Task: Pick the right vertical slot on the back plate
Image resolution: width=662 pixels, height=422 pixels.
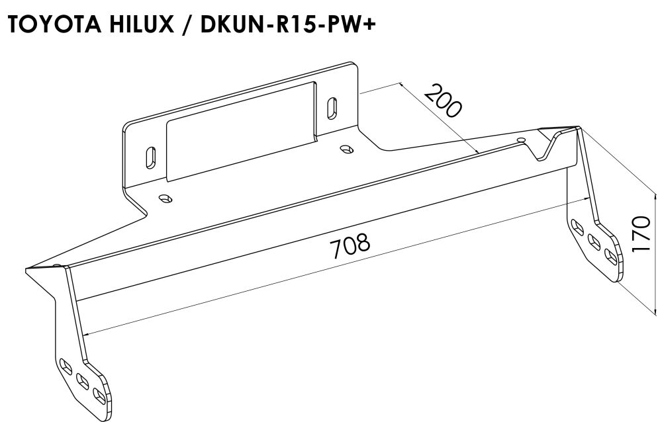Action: pos(332,107)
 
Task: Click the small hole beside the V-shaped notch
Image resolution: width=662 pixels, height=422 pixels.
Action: pos(522,141)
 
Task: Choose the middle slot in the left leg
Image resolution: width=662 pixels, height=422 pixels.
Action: pos(83,380)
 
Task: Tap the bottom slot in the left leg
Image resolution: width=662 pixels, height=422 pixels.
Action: pos(99,396)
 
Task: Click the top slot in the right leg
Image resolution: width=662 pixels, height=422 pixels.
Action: pos(579,227)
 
